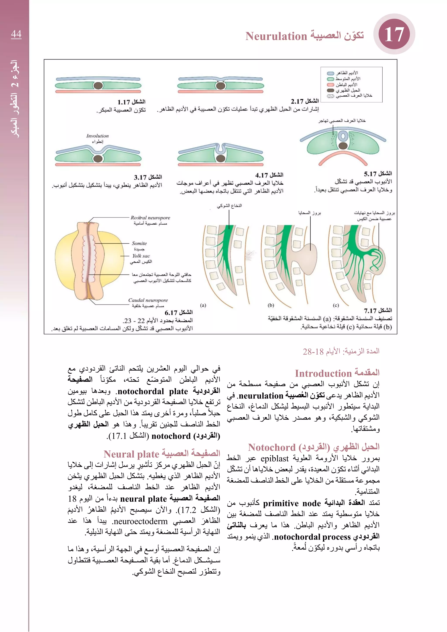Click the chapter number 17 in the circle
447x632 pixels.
pos(394,34)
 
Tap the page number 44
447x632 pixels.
pos(16,34)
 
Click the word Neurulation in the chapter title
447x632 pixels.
pos(276,36)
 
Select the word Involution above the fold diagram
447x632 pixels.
pos(97,136)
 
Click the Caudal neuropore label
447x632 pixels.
pos(148,300)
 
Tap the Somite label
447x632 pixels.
pos(139,243)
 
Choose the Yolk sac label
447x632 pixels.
pos(141,256)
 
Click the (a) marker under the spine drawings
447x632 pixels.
pos(203,305)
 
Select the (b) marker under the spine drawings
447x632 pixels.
pos(271,305)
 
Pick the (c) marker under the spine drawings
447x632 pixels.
pos(336,305)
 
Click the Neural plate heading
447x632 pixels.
pos(132,454)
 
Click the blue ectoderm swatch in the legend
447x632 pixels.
pos(330,74)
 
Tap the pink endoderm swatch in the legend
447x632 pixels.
pos(330,85)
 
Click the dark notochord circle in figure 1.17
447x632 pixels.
pos(98,86)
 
